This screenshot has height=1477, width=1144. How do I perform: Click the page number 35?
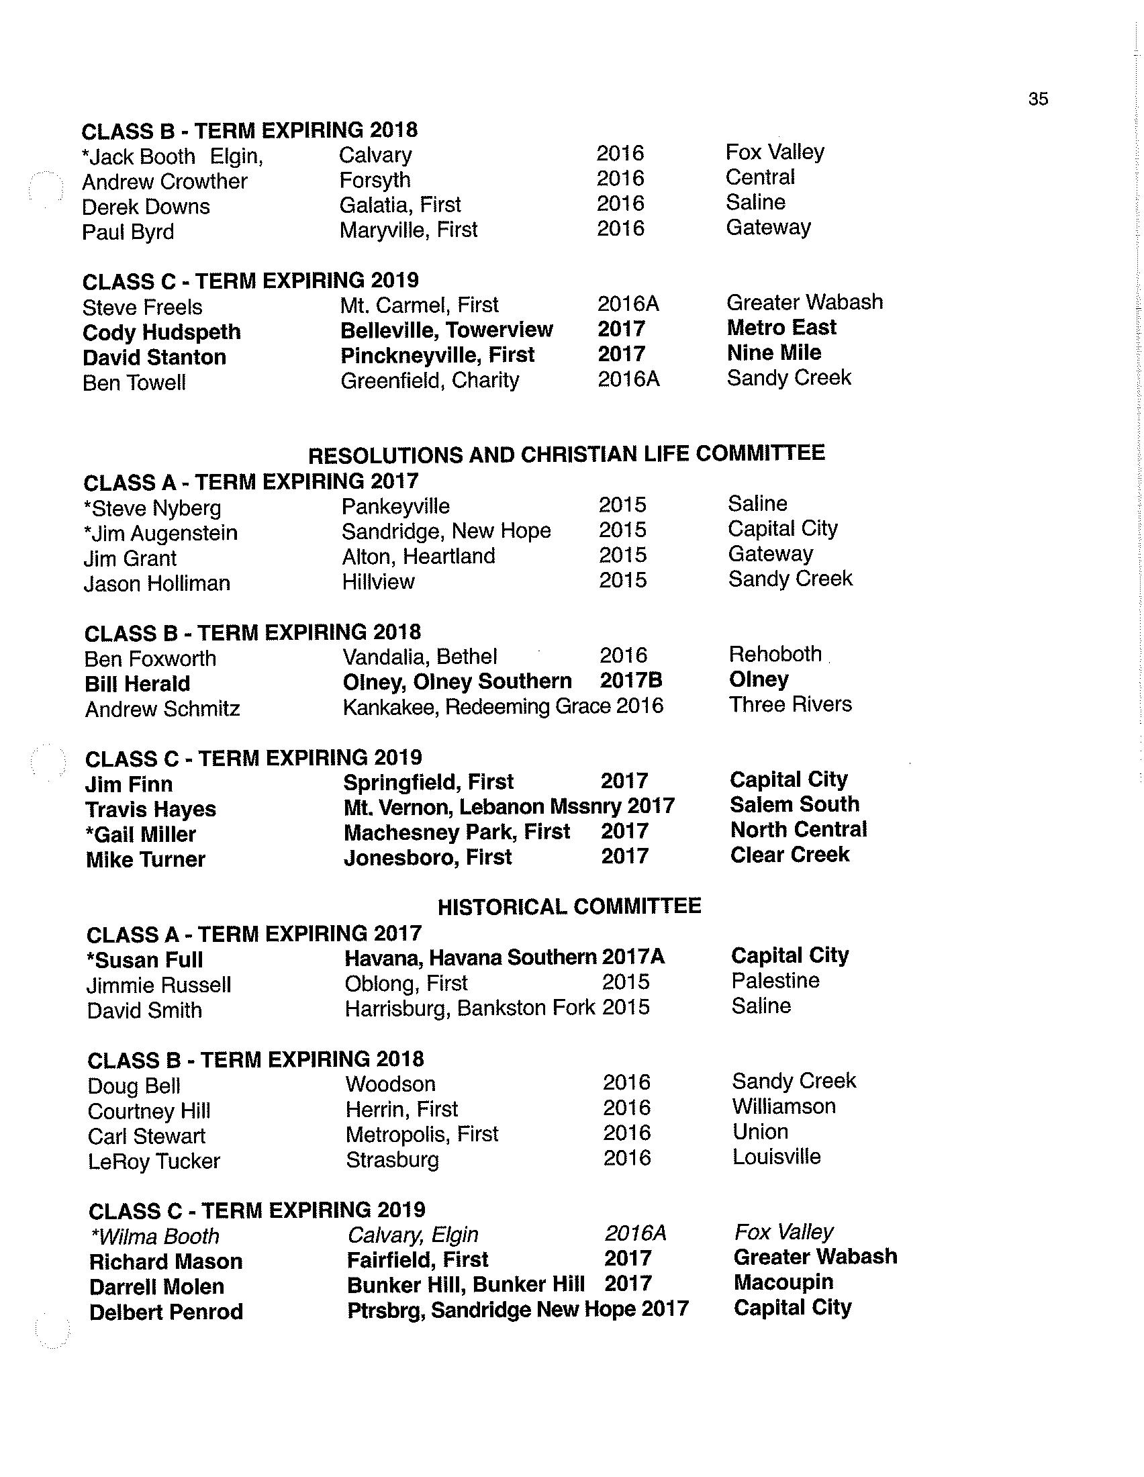(1037, 99)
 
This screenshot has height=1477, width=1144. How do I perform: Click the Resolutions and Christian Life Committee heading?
(566, 454)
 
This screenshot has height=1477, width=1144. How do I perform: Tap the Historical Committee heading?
(569, 906)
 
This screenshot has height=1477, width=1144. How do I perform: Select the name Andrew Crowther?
(164, 181)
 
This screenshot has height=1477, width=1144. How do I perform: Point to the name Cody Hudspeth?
(162, 332)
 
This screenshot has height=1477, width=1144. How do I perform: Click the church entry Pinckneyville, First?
(438, 354)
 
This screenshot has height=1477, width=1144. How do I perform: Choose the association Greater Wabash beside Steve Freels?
(804, 302)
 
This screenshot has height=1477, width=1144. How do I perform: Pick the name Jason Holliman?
(157, 583)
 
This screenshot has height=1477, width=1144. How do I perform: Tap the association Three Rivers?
(790, 705)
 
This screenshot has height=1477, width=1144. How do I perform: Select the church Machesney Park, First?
(457, 832)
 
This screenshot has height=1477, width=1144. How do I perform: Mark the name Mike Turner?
(146, 859)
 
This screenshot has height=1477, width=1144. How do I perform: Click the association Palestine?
(775, 981)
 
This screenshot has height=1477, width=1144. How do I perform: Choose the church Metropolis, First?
(421, 1134)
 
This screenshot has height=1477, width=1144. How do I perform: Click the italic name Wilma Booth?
(155, 1236)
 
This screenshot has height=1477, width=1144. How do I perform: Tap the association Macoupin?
(783, 1282)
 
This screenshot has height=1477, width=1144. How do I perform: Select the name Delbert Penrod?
(166, 1312)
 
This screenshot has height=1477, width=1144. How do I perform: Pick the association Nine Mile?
(773, 352)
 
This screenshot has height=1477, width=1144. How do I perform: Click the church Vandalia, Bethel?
(419, 657)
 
